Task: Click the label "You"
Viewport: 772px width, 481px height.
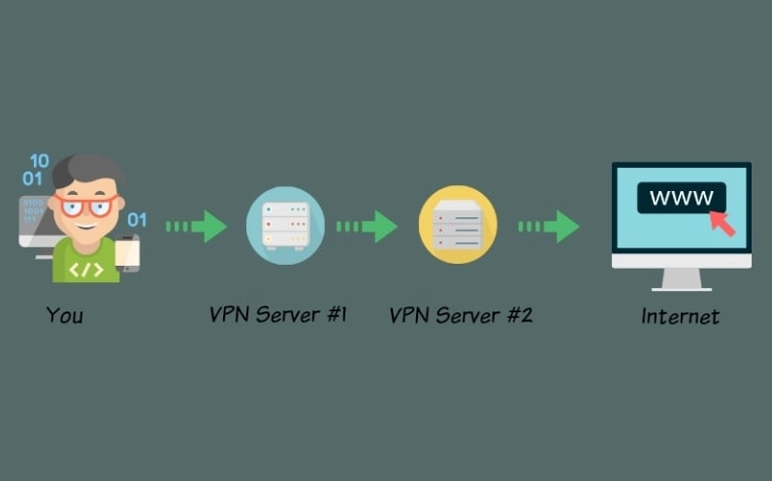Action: pos(64,315)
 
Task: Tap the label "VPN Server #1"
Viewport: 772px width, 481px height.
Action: pos(277,314)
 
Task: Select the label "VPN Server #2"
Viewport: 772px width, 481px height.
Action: pos(460,315)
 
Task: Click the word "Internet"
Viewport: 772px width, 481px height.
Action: pos(680,316)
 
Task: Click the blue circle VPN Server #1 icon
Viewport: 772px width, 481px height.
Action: pos(285,226)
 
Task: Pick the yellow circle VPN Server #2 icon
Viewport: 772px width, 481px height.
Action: pos(458,226)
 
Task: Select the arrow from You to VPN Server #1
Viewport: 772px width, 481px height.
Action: pos(197,227)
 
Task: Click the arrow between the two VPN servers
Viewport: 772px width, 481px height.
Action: pos(368,227)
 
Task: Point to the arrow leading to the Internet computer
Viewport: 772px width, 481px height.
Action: pos(549,227)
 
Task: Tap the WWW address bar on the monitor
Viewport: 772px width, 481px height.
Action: pos(680,198)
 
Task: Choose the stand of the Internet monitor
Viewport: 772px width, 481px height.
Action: pos(681,279)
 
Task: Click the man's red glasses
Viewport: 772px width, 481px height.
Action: pos(86,205)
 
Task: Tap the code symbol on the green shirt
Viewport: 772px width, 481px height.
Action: pos(85,269)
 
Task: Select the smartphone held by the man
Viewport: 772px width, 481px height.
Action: pos(127,253)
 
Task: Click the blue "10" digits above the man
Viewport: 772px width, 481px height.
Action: pos(38,161)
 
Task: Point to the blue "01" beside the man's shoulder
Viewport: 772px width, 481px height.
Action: pos(137,219)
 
